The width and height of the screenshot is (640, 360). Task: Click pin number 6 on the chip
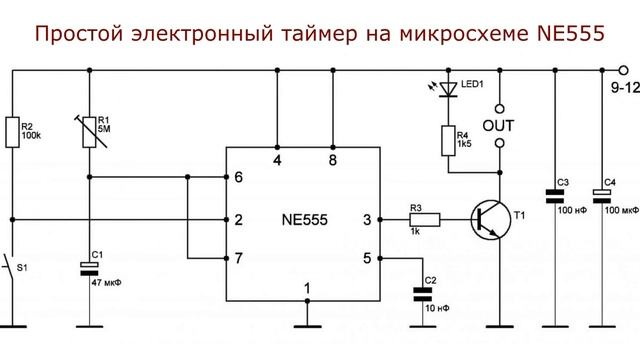pos(238,178)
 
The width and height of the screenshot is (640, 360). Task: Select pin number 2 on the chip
pos(238,219)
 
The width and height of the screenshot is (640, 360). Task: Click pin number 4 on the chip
pos(277,158)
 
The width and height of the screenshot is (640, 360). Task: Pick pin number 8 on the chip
pos(332,158)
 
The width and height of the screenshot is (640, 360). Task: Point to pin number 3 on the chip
pos(366,219)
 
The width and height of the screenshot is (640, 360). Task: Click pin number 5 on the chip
pos(366,259)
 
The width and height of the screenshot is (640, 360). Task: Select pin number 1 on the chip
pos(307,289)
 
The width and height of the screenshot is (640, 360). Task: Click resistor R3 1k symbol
pos(424,218)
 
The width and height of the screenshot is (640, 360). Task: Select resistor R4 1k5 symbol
pos(448,139)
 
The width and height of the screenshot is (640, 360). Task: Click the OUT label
pos(499,125)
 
